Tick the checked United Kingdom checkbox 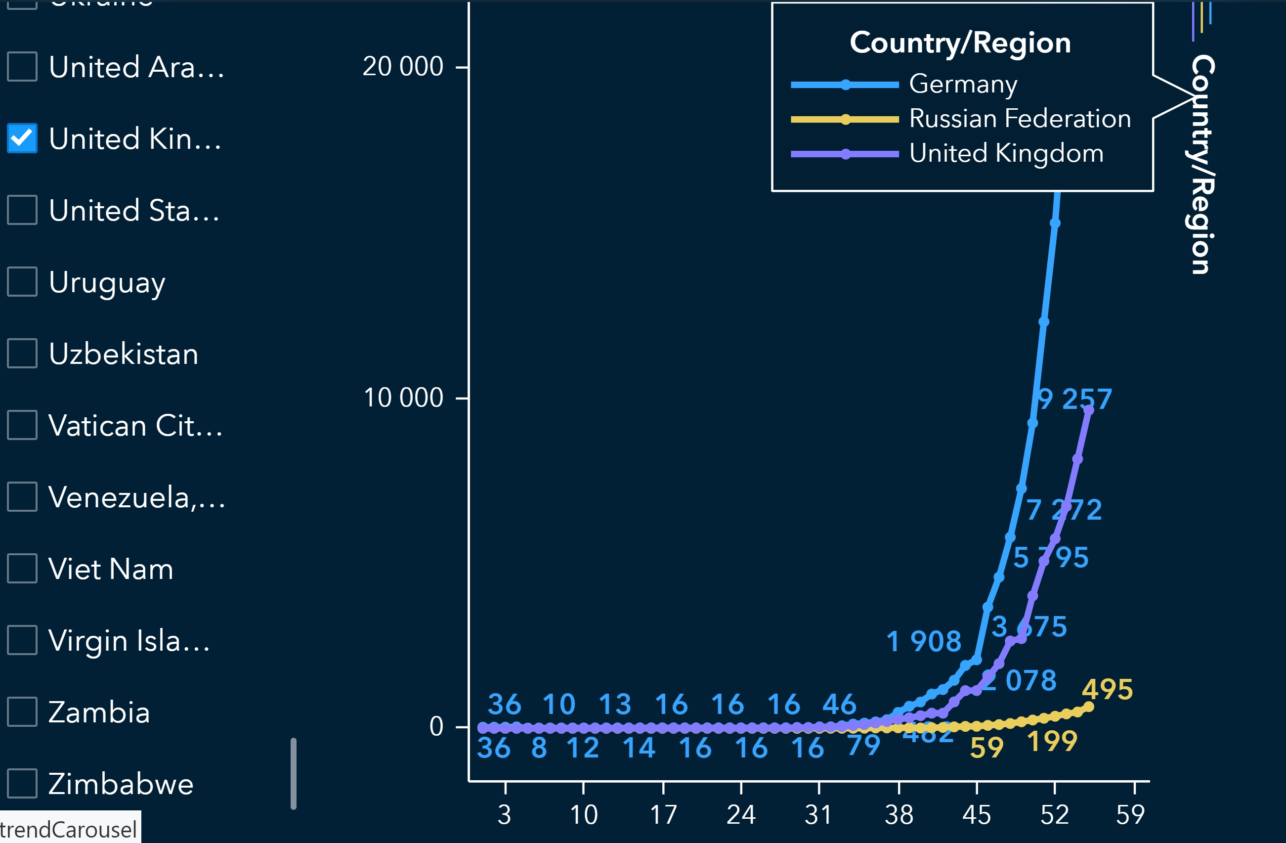click(x=22, y=138)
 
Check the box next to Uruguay click(x=22, y=281)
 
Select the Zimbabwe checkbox click(x=22, y=783)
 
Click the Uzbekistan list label click(x=123, y=354)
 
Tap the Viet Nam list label click(x=111, y=569)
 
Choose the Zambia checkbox click(x=22, y=711)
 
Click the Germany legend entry click(x=963, y=84)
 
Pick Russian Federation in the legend click(x=1020, y=119)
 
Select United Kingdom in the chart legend click(x=1006, y=153)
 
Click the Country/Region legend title click(x=960, y=43)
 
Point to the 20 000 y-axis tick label click(x=402, y=67)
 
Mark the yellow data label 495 click(x=1107, y=690)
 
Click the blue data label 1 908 click(x=923, y=642)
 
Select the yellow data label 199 click(x=1052, y=742)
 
